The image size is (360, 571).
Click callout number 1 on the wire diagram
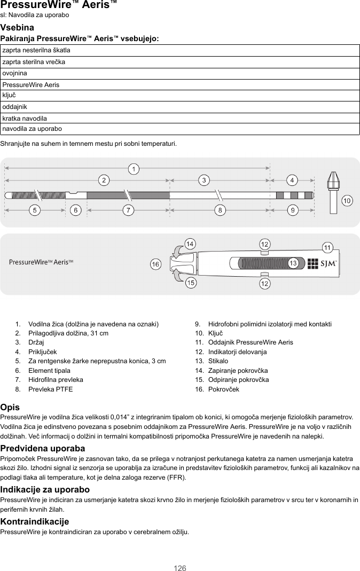pyautogui.click(x=135, y=169)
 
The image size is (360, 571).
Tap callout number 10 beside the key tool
pyautogui.click(x=347, y=201)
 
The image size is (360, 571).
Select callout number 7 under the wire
pyautogui.click(x=128, y=210)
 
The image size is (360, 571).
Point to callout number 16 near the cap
pyautogui.click(x=155, y=264)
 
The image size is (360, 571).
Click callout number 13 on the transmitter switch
pyautogui.click(x=293, y=263)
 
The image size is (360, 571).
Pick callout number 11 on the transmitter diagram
pyautogui.click(x=327, y=247)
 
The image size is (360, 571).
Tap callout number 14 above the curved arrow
pyautogui.click(x=189, y=244)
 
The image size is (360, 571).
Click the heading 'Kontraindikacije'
pyautogui.click(x=35, y=521)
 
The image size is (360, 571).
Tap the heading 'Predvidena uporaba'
pyautogui.click(x=42, y=448)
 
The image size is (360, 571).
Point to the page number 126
pyautogui.click(x=180, y=568)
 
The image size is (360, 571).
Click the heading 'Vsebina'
pyautogui.click(x=17, y=27)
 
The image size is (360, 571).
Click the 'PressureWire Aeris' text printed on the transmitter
pyautogui.click(x=41, y=262)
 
